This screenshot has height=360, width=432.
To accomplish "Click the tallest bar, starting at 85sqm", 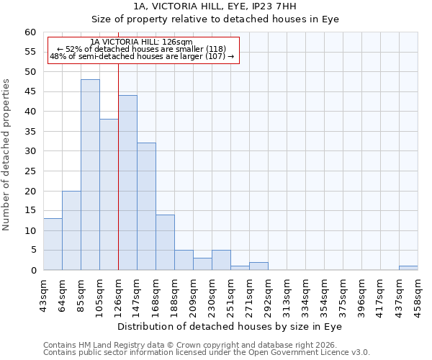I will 90,175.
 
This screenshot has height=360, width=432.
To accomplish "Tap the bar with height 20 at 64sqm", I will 71,230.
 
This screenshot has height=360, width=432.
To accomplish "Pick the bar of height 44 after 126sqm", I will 127,183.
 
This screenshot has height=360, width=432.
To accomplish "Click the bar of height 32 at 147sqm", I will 146,207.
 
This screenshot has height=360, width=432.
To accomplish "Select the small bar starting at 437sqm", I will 408,268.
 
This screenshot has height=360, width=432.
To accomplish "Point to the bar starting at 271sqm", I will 258,266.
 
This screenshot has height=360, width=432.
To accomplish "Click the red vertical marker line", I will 118,166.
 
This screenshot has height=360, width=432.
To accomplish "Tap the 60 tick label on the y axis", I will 30,32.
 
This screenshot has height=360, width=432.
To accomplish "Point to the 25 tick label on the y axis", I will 30,171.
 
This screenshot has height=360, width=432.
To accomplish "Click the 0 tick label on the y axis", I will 32,271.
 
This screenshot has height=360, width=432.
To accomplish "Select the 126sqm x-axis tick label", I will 118,294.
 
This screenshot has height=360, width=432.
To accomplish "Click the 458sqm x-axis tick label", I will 418,294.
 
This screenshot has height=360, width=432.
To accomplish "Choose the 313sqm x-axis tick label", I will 287,294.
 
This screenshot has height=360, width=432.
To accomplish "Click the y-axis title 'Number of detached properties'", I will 7,155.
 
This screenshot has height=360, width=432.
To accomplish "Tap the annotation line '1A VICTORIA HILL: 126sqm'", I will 142,42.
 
